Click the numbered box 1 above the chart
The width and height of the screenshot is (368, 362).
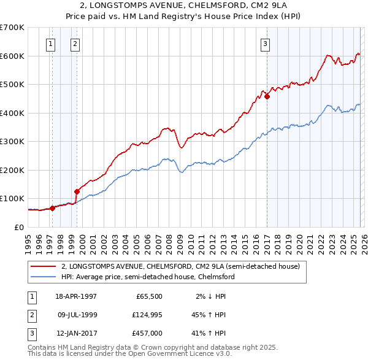pyautogui.click(x=50, y=44)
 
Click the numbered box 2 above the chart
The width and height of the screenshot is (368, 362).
pyautogui.click(x=74, y=44)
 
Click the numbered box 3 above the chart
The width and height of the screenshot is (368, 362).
pyautogui.click(x=265, y=44)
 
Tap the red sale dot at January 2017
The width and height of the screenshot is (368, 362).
pyautogui.click(x=267, y=96)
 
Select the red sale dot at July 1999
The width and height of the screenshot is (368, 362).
pyautogui.click(x=77, y=191)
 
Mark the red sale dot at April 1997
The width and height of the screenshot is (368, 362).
pyautogui.click(x=53, y=208)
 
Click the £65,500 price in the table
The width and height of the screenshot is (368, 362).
pyautogui.click(x=151, y=296)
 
